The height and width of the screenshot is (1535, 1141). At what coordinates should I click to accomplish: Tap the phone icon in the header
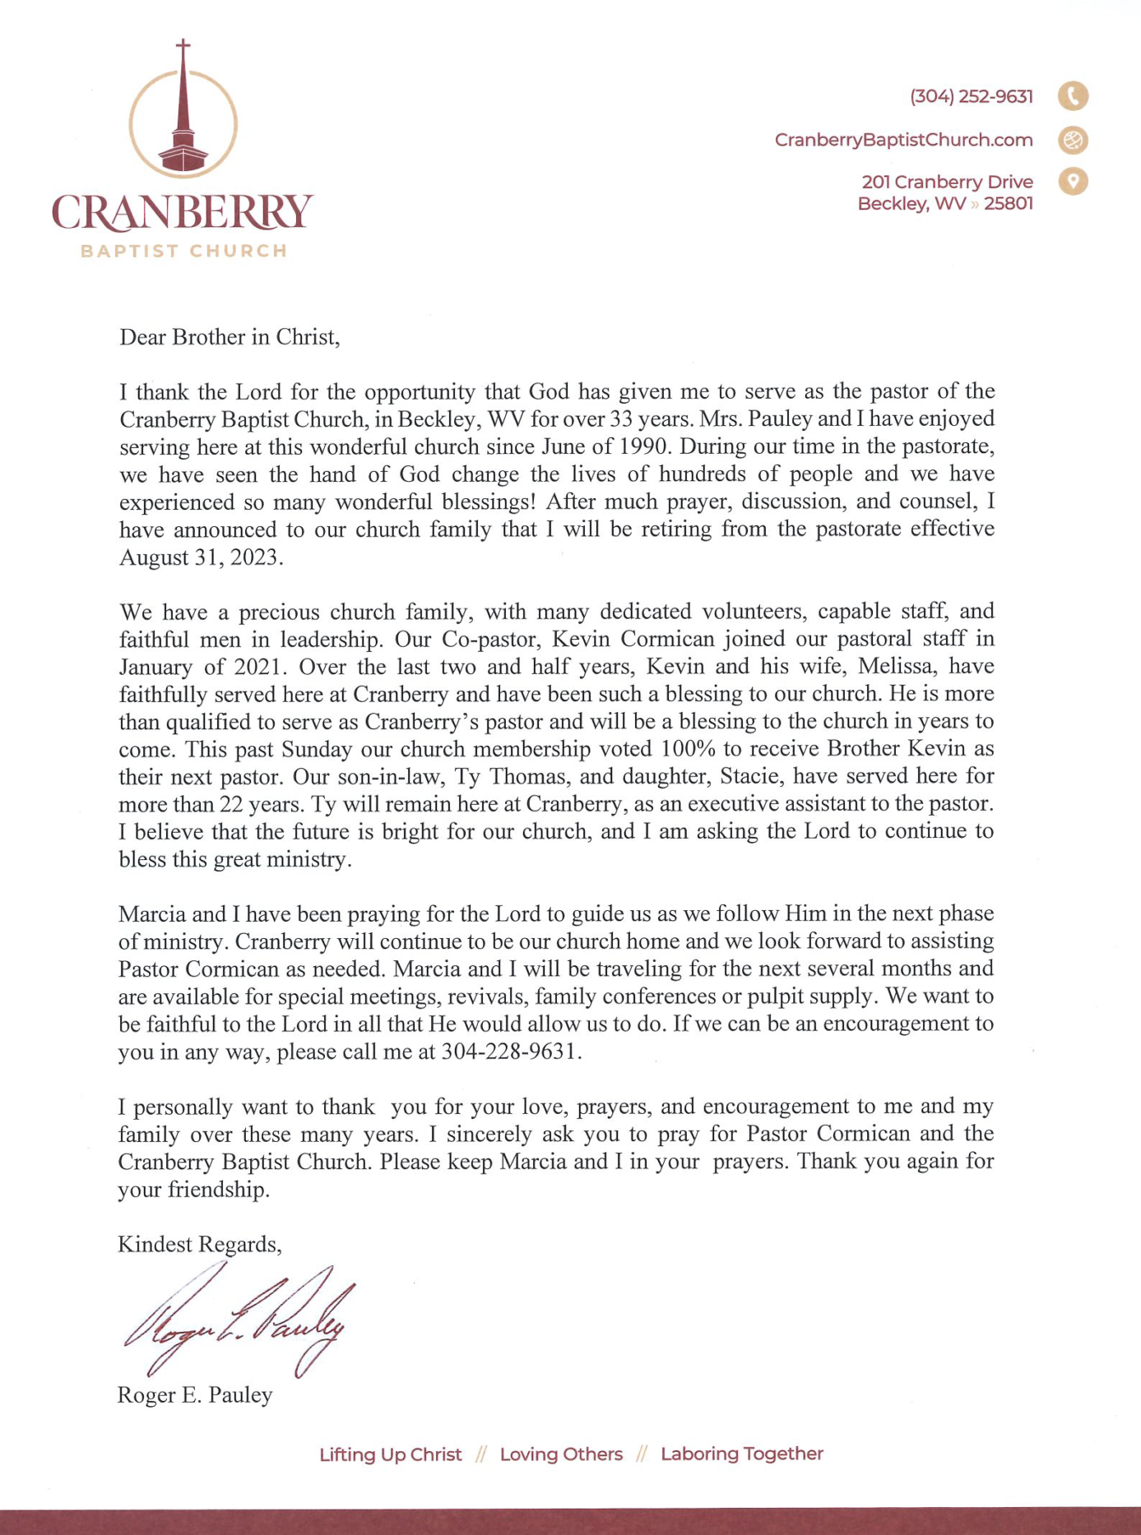click(x=1073, y=96)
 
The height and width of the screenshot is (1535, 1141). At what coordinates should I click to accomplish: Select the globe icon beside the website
click(x=1073, y=141)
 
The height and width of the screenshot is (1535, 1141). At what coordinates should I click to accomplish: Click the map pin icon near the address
click(x=1073, y=181)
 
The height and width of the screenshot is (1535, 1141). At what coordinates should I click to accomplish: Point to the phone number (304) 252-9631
click(x=971, y=97)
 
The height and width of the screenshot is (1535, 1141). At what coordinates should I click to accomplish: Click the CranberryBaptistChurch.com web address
click(x=903, y=141)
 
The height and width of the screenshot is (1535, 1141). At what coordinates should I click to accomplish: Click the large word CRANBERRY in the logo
click(x=182, y=212)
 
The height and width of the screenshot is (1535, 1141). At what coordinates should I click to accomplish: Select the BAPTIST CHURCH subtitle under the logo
click(x=183, y=252)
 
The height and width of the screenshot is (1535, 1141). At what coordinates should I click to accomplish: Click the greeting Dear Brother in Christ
click(x=230, y=337)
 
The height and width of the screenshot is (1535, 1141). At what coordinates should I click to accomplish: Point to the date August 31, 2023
click(x=201, y=557)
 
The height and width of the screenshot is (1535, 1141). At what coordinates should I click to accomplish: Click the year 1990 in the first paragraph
click(x=639, y=446)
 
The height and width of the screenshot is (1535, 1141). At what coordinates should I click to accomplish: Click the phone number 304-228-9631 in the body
click(x=511, y=1052)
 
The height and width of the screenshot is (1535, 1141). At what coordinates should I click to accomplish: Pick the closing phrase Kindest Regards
click(x=199, y=1244)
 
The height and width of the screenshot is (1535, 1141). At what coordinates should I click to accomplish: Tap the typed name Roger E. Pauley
click(x=195, y=1395)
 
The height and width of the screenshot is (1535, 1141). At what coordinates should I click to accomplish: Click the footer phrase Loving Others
click(x=561, y=1454)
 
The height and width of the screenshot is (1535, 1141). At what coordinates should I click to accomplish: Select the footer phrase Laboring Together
click(x=741, y=1454)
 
